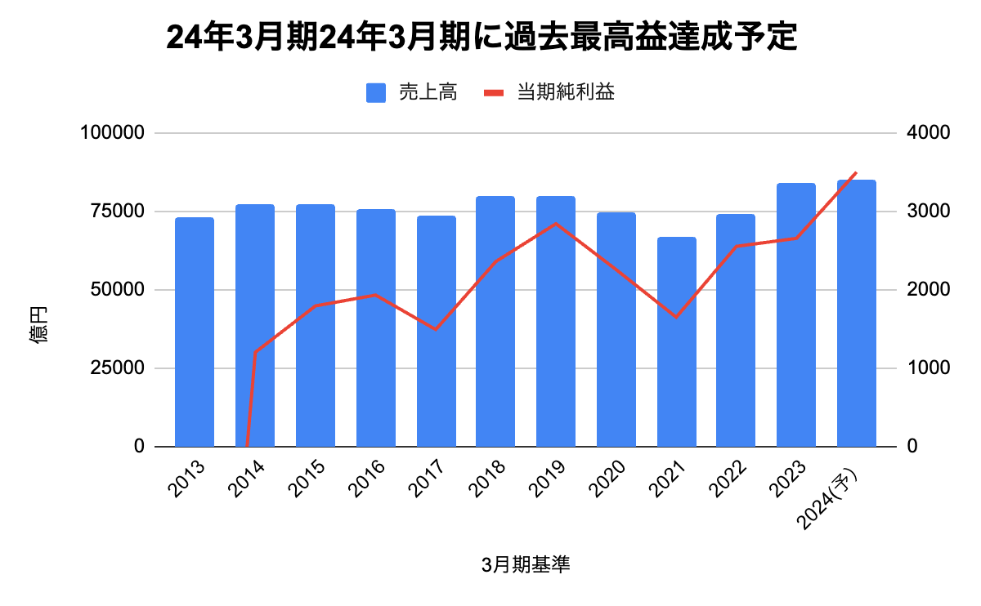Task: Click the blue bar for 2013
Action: tap(195, 332)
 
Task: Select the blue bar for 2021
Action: tap(677, 342)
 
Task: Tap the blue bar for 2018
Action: tap(495, 322)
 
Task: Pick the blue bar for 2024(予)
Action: tap(857, 314)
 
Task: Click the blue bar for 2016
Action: tap(376, 328)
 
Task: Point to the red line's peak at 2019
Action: tap(556, 223)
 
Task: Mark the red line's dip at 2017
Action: tap(436, 329)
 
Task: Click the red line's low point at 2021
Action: tap(677, 317)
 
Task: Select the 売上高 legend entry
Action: tap(411, 92)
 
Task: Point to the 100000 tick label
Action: tap(113, 133)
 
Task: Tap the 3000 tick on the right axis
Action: tap(924, 212)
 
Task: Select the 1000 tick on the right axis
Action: tap(924, 368)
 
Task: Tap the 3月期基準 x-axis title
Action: tap(526, 565)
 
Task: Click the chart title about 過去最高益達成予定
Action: tap(481, 37)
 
